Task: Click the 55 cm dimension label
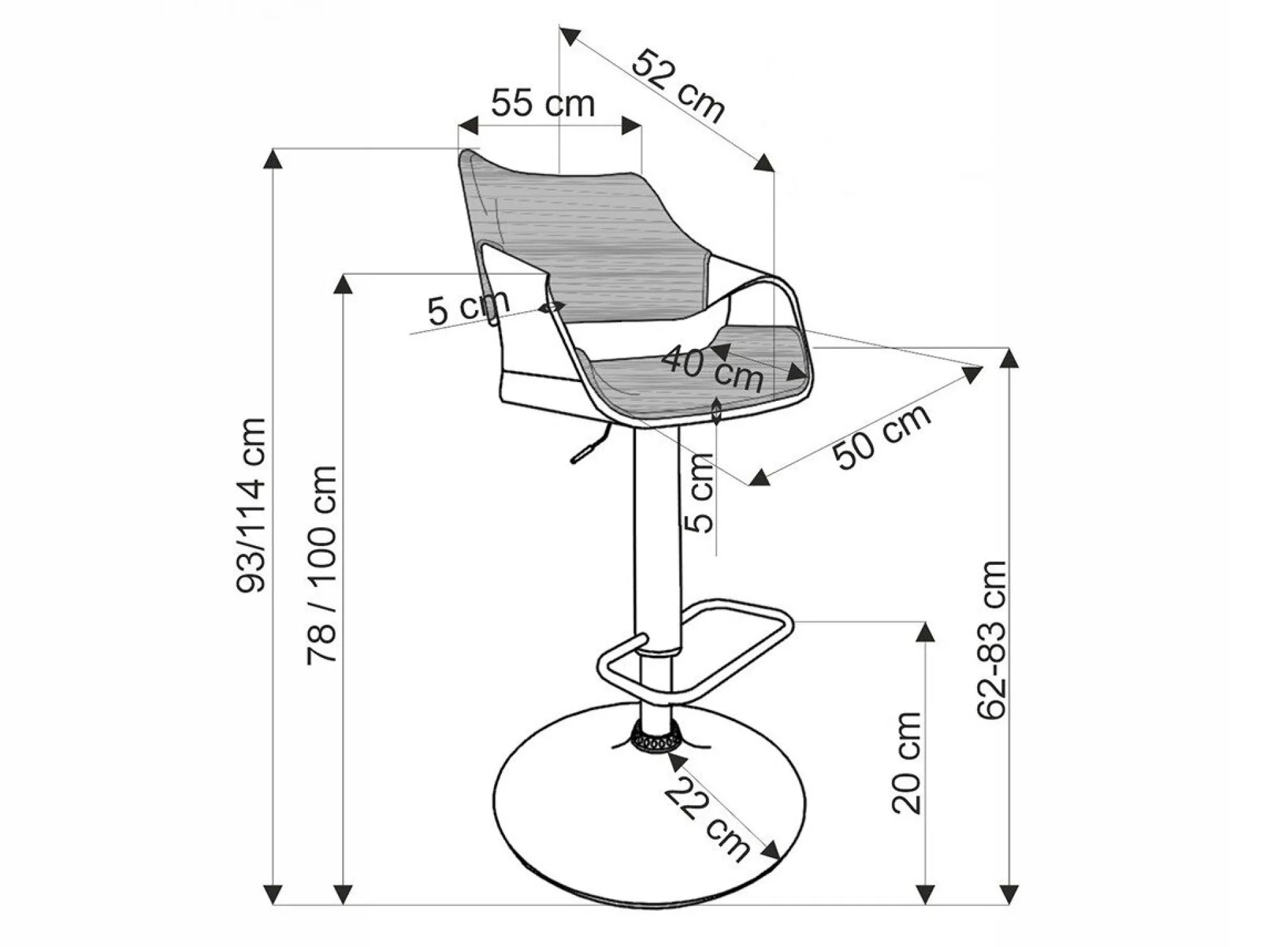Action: (543, 103)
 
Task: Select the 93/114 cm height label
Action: (251, 504)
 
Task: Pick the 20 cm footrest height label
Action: (906, 762)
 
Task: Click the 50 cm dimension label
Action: (883, 436)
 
